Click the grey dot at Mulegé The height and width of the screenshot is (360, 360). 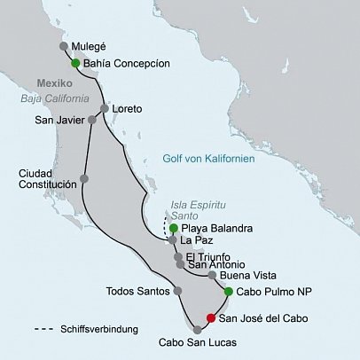click(63, 46)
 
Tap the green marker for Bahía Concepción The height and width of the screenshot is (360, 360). click(75, 63)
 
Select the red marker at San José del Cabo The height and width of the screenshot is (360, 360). click(210, 318)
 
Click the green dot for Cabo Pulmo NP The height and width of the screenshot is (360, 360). click(228, 292)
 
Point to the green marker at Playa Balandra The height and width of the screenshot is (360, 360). click(174, 228)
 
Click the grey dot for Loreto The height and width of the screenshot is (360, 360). click(105, 109)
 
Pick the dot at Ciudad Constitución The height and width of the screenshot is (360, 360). click(84, 178)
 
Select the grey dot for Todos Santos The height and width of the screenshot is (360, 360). click(177, 291)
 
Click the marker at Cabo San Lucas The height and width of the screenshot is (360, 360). click(196, 329)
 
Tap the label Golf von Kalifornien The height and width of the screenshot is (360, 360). click(209, 159)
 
